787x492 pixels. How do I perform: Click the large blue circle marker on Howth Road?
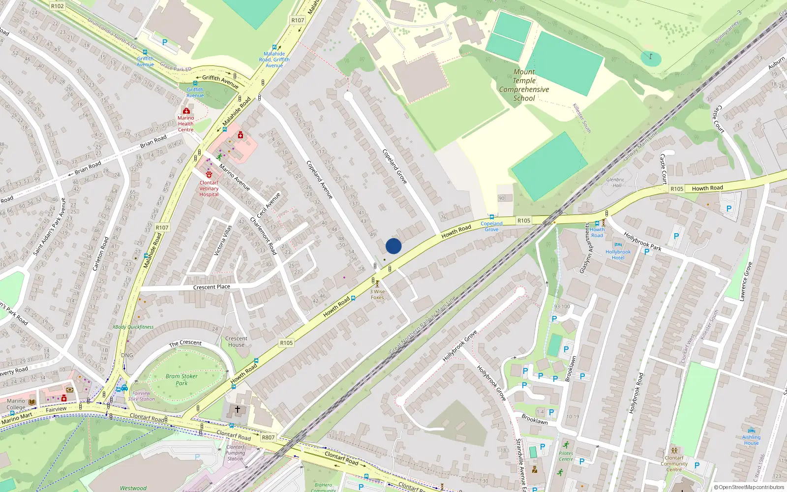[393, 246]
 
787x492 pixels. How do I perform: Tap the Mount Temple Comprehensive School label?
[524, 85]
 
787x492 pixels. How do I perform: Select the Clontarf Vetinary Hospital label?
[209, 188]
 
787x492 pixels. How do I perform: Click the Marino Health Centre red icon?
[186, 111]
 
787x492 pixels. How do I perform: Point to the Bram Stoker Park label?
[182, 379]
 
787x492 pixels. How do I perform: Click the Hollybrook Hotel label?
[618, 254]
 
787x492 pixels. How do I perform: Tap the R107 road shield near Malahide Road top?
[298, 20]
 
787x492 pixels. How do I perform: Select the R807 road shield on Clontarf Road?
[268, 437]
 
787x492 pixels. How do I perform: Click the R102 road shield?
[57, 6]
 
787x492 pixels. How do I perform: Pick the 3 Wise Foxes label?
[377, 294]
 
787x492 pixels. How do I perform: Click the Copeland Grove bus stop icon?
[491, 217]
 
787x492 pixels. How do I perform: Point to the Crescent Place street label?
[212, 287]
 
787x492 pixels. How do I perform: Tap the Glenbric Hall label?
[615, 183]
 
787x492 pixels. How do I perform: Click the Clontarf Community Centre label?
[674, 463]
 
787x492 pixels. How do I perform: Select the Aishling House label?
[751, 440]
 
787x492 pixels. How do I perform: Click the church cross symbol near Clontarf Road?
[238, 409]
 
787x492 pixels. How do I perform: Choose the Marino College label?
[16, 404]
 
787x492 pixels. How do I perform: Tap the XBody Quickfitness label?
[133, 327]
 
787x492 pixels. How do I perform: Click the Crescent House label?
[236, 341]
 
